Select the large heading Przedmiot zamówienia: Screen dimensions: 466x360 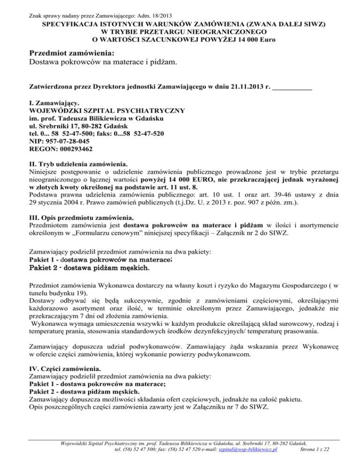coord(72,53)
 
